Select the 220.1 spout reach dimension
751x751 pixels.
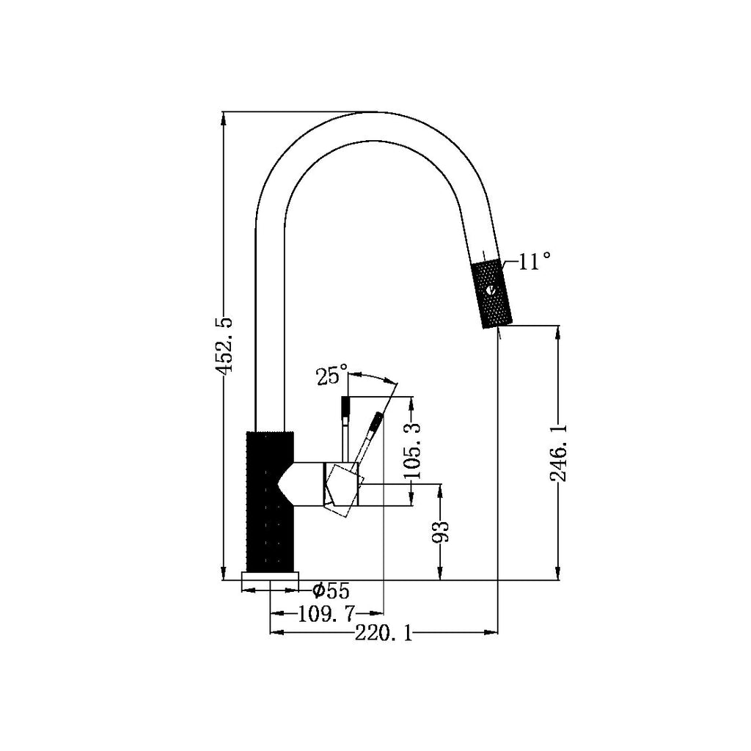point(383,633)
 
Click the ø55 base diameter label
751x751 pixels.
point(330,590)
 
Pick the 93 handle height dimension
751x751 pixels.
point(441,532)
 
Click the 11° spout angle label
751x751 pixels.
point(534,262)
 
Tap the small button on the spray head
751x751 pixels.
point(490,290)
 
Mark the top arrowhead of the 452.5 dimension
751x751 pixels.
point(224,117)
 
